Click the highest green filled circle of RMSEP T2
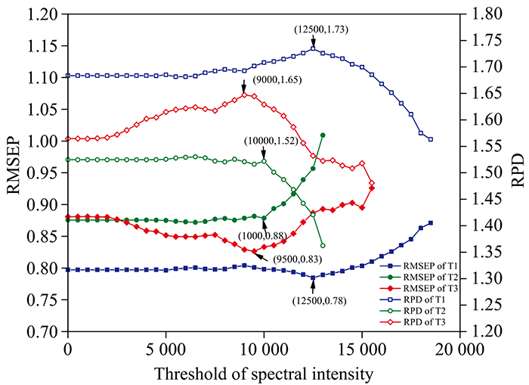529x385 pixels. (x=323, y=135)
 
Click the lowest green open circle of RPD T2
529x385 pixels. (x=323, y=246)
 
